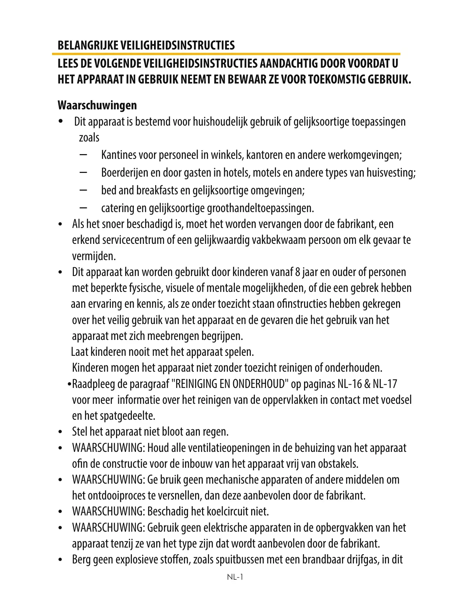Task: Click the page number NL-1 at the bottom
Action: tap(235, 577)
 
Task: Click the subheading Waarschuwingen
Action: tap(97, 105)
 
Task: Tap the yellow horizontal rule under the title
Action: tap(226, 54)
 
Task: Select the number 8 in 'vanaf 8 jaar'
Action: tap(298, 272)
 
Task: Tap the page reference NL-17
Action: tap(385, 384)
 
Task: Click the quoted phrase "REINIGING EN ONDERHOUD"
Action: tap(230, 384)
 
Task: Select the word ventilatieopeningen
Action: tap(229, 448)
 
